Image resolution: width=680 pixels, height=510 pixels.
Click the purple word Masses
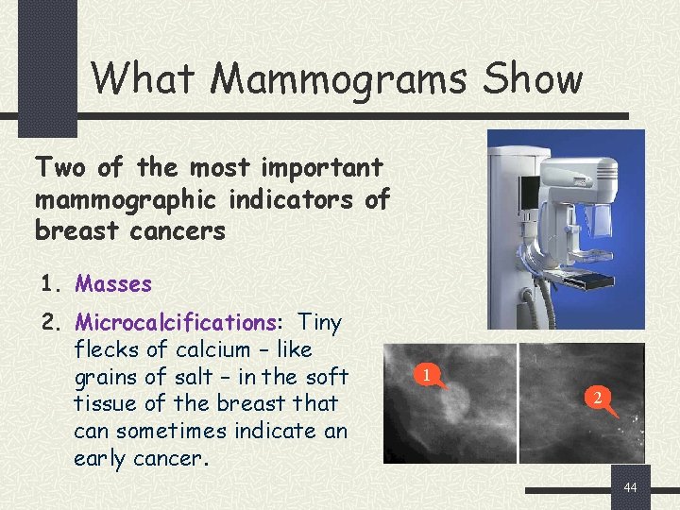coord(113,283)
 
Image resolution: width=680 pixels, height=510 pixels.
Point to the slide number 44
coord(632,487)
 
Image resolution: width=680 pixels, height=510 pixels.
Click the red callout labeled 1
coord(428,376)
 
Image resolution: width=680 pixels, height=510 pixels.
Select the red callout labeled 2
coord(596,398)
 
